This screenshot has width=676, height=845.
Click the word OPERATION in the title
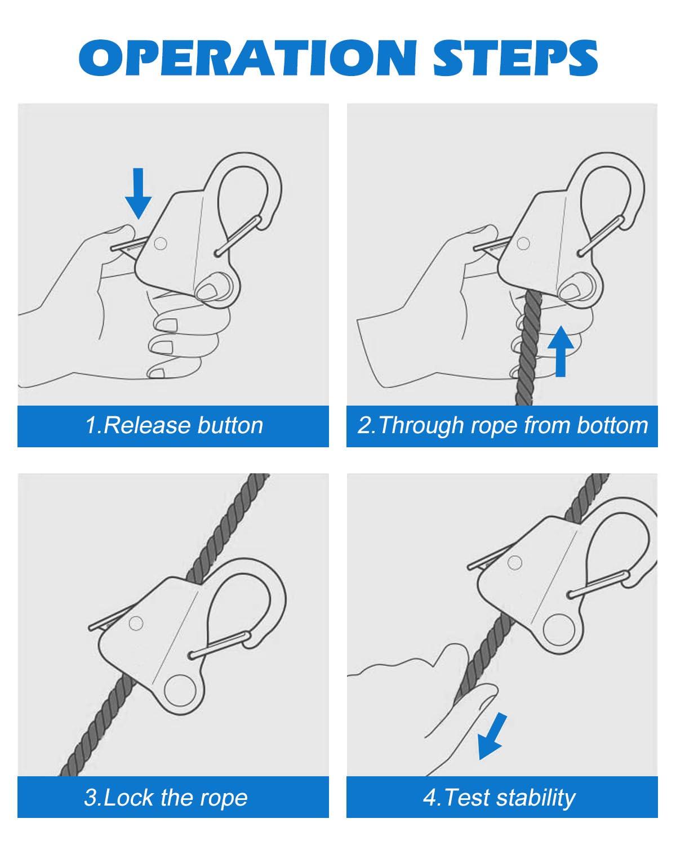(247, 57)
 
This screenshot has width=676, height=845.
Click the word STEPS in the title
(515, 57)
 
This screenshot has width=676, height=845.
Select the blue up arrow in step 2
(561, 350)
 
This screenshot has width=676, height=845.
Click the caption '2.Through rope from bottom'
(502, 426)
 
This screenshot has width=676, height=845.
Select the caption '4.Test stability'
(499, 797)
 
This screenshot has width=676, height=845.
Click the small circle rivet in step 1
(160, 243)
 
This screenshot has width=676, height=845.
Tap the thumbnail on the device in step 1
(207, 291)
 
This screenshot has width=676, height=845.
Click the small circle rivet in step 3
(136, 623)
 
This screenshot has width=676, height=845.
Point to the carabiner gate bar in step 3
(220, 645)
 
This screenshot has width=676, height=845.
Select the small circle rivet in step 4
(514, 563)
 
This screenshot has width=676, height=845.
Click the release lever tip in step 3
(91, 637)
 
